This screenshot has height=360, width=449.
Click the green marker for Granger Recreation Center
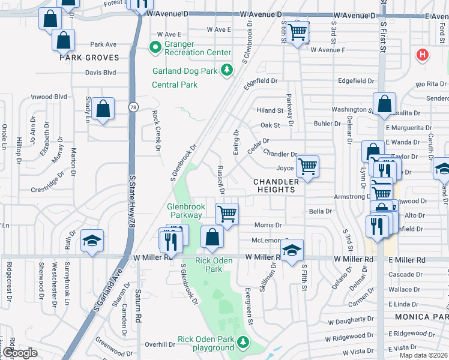click(x=155, y=47)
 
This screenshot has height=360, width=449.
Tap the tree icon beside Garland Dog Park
click(x=227, y=71)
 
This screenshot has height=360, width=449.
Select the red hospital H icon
click(x=423, y=55)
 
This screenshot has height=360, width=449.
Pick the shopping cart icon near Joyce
click(x=307, y=166)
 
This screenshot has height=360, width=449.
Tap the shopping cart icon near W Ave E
click(x=298, y=31)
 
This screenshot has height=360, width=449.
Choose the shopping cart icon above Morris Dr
click(x=227, y=213)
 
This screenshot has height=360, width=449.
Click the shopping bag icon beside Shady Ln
click(x=103, y=109)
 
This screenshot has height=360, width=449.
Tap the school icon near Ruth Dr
click(x=92, y=240)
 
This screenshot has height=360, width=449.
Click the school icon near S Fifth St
click(x=292, y=250)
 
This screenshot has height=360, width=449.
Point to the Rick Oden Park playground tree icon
click(x=243, y=342)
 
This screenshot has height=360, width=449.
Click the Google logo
click(x=20, y=353)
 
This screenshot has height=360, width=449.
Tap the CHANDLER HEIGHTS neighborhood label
click(x=276, y=185)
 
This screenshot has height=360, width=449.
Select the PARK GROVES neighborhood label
click(x=89, y=58)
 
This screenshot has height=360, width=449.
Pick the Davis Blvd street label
click(x=100, y=73)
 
